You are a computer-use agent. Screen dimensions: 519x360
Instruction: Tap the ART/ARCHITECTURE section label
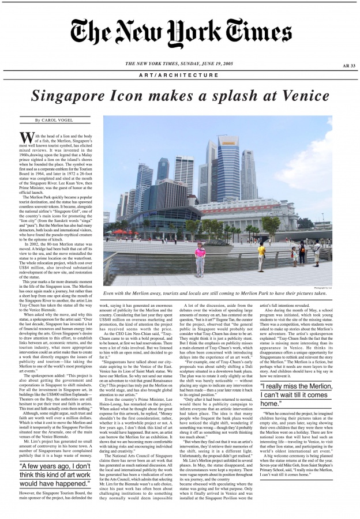(x=180, y=75)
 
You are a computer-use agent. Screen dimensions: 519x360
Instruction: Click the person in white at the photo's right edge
(x=317, y=252)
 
